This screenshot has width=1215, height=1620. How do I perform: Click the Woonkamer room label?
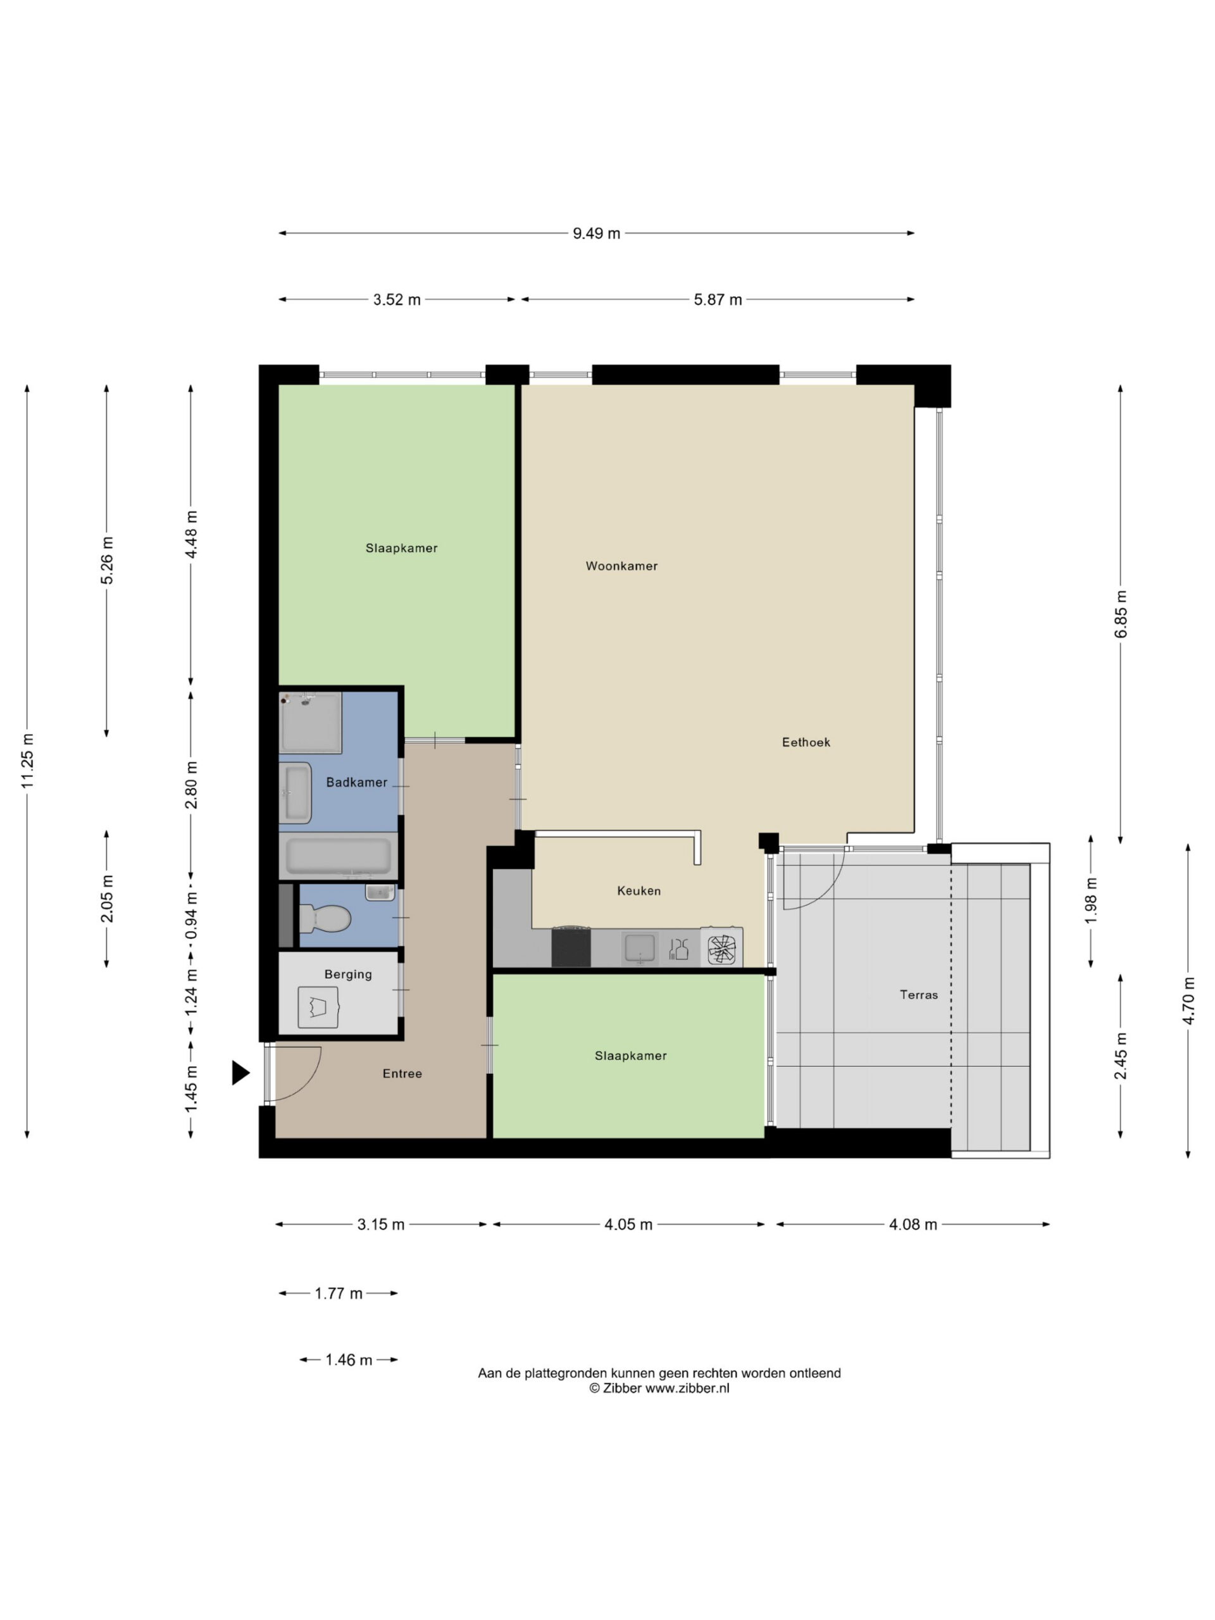point(621,565)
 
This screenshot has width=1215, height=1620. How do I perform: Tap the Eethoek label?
point(806,742)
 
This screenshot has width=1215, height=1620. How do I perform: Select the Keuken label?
point(639,890)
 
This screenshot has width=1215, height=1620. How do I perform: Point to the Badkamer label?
point(357,782)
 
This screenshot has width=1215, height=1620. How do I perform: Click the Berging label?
point(348,974)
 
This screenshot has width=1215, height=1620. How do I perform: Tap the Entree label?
point(402,1074)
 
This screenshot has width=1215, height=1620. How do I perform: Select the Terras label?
point(918,995)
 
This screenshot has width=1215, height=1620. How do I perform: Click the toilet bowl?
point(325,918)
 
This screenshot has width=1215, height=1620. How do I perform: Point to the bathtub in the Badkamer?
point(339,856)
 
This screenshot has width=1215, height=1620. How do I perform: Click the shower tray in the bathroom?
point(311,722)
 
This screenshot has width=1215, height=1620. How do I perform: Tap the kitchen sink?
point(639,949)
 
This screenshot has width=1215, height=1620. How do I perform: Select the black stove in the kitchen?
point(571,947)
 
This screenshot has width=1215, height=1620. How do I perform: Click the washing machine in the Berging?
point(318,1007)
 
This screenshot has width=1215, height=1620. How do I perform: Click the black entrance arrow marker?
point(240,1072)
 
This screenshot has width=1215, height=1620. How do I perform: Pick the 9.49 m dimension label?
point(596,233)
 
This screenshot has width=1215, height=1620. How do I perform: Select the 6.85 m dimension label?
point(1121,614)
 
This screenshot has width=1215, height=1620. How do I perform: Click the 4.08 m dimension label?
point(913,1224)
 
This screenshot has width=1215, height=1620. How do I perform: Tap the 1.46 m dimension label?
point(349,1359)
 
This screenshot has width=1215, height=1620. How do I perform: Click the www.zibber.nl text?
point(687,1388)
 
